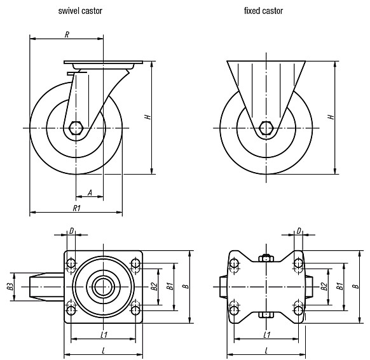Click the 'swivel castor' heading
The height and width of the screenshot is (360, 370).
coord(80,11)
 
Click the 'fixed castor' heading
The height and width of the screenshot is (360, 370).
coord(263,11)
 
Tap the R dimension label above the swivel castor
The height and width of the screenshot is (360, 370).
coord(67,35)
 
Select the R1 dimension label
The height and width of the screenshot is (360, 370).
coord(77,208)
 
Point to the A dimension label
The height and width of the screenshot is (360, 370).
coord(90,192)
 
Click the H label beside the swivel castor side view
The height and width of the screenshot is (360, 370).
coord(148,117)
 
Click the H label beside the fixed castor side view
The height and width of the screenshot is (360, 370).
coord(331,117)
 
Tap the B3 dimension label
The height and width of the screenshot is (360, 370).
coord(10,286)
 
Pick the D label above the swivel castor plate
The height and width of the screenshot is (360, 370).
coord(71,231)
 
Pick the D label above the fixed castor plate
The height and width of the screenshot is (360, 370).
coord(299,231)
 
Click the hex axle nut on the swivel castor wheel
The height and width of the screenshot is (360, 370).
coord(76,128)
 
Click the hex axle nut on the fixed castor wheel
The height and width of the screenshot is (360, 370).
coord(266,128)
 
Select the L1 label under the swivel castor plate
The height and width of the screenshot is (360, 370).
coord(104,335)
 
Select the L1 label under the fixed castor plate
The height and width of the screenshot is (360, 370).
coord(267,335)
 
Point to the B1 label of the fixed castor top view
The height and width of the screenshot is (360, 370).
coord(339,286)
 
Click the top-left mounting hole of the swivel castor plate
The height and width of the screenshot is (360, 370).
coord(71,263)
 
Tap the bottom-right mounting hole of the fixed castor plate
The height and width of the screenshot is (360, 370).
coord(299,310)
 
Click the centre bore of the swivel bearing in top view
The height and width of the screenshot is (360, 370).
coord(103,286)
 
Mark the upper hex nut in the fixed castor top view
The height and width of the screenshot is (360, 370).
coord(266,258)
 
